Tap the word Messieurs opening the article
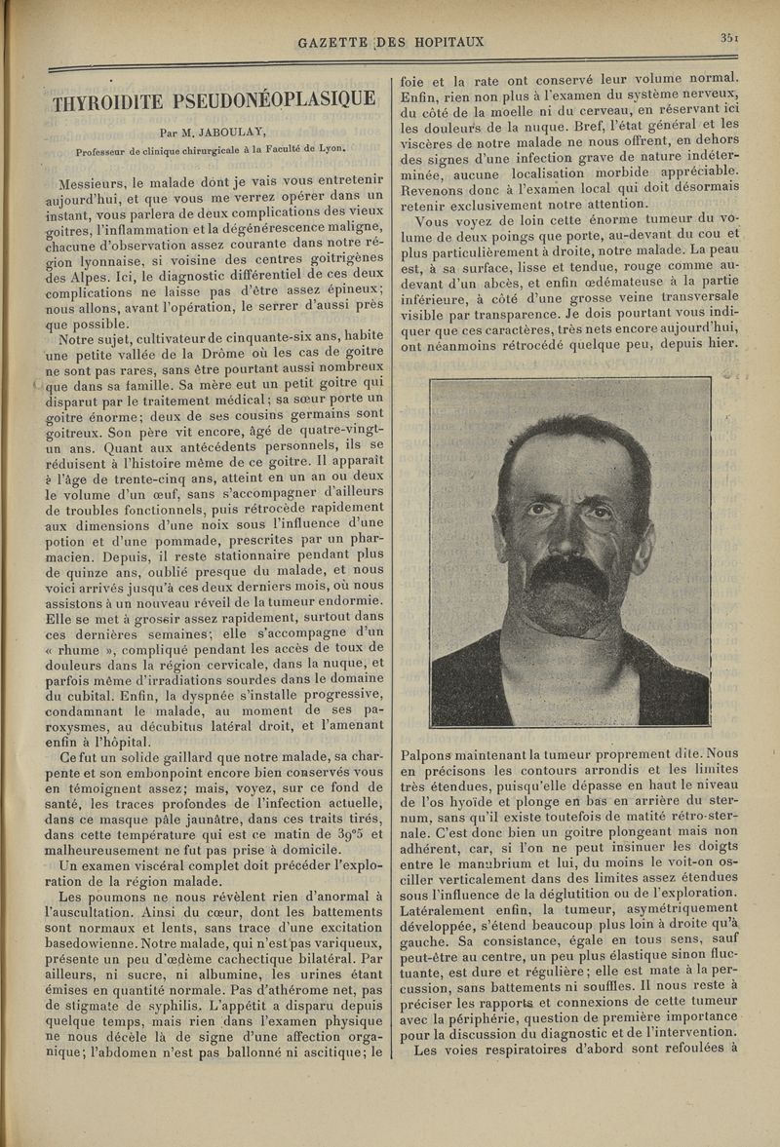[x=97, y=183]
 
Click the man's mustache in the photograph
[x=566, y=569]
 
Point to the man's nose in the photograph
[x=566, y=531]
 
